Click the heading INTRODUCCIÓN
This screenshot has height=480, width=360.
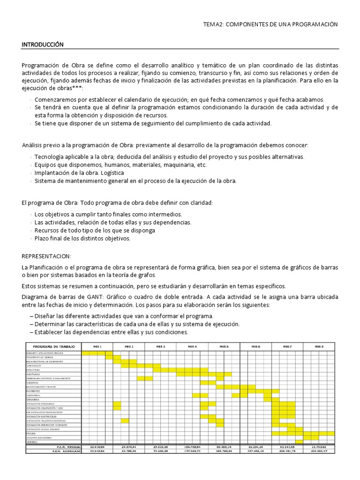pos(42,45)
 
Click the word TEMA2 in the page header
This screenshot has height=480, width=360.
pos(213,24)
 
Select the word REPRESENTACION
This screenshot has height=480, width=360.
pos(46,256)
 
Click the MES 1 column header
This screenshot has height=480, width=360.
pos(97,346)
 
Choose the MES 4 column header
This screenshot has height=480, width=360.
pos(192,346)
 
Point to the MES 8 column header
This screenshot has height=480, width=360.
pos(319,346)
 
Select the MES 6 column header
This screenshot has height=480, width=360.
pos(255,346)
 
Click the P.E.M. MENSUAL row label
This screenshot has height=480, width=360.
pos(68,447)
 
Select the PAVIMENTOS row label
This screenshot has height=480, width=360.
pos(34,390)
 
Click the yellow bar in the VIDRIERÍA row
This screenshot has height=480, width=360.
pos(299,442)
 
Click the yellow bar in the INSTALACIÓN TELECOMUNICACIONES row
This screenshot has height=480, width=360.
pos(125,420)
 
